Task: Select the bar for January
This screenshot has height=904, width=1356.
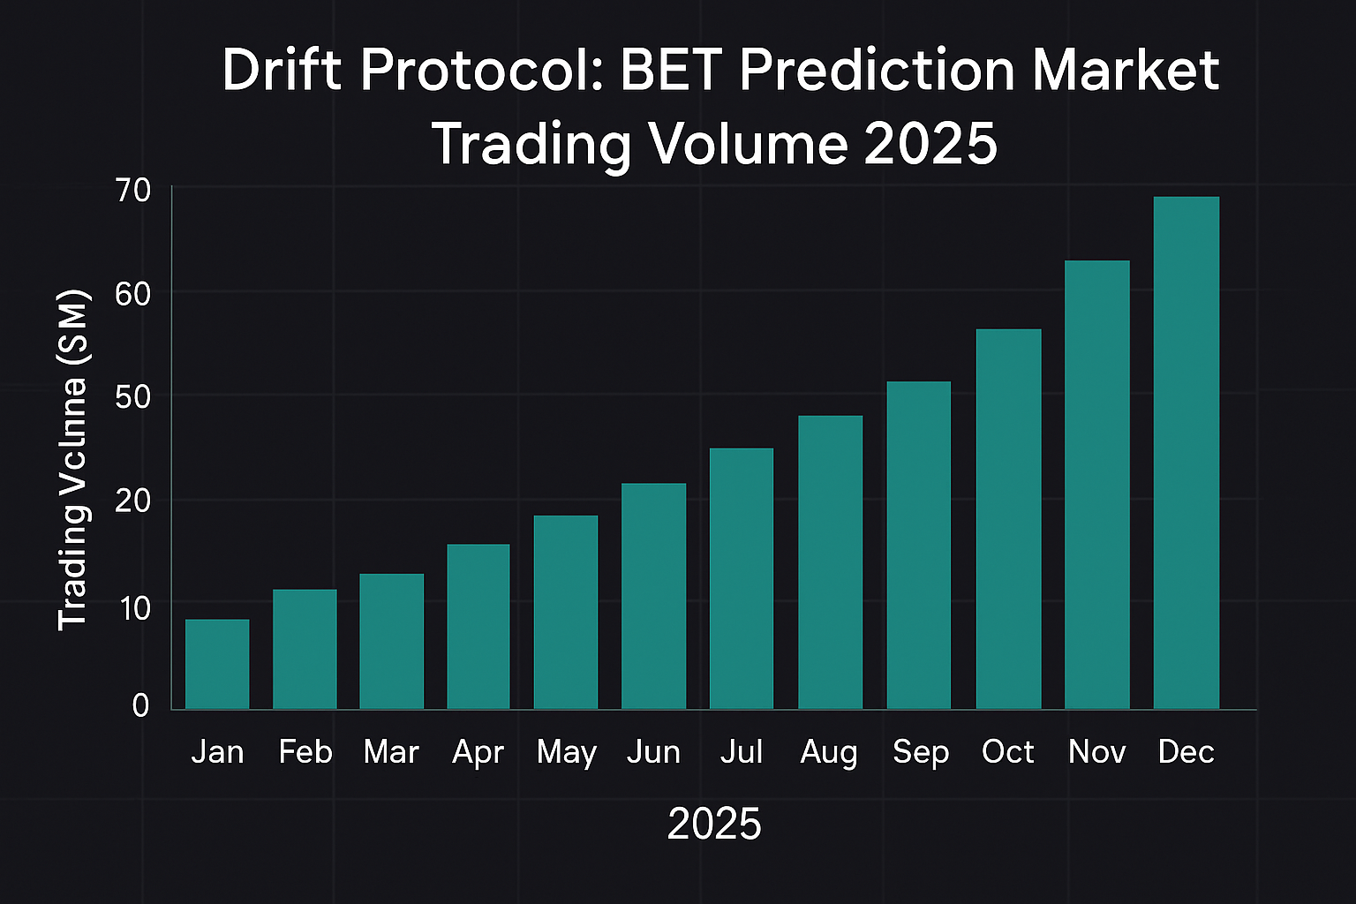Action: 217,664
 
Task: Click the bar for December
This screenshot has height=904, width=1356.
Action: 1186,452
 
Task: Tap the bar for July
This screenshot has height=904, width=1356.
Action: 742,578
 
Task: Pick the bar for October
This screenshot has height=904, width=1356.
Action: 1008,519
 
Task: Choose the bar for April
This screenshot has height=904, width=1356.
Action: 478,626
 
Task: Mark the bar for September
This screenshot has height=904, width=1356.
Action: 919,545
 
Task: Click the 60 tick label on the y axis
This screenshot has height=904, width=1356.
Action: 132,293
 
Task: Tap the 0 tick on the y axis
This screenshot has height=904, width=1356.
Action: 140,705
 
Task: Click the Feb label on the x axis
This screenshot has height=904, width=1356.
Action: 305,752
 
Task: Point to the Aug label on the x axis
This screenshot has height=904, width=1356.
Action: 829,752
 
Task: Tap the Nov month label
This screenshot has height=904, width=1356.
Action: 1097,752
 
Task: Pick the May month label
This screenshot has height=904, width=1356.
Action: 567,753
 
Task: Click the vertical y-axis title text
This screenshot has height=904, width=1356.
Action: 73,459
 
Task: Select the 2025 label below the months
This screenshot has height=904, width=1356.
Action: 714,825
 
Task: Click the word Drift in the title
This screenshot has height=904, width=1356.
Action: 282,71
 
